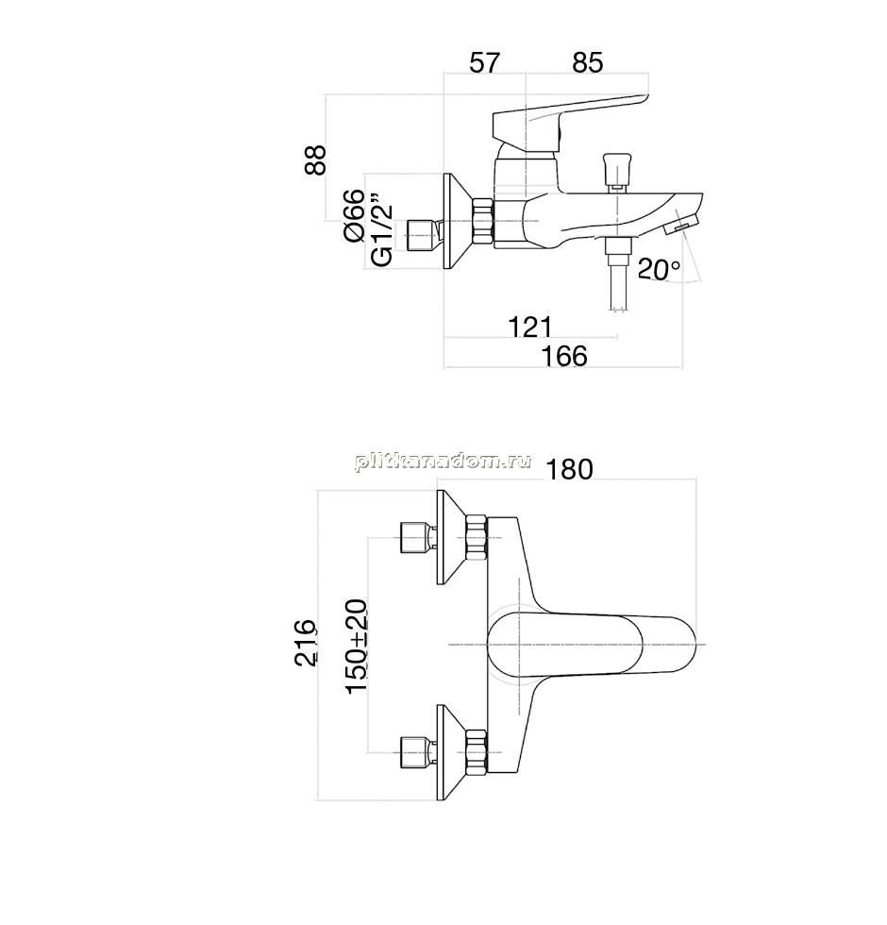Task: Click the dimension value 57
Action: click(x=484, y=62)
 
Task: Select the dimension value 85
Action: click(x=587, y=62)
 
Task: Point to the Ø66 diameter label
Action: click(x=354, y=215)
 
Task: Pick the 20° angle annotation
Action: click(x=659, y=270)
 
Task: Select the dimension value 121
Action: click(x=529, y=327)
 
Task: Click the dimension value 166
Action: click(x=564, y=356)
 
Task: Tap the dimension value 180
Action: click(x=569, y=470)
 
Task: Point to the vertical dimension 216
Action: click(x=306, y=643)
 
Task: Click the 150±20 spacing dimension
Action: click(x=357, y=646)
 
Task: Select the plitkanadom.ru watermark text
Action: click(x=443, y=462)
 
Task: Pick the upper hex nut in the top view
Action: click(x=477, y=537)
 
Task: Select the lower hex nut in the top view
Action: click(x=477, y=751)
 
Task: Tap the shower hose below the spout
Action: click(x=616, y=273)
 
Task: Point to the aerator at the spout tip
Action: click(x=681, y=226)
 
